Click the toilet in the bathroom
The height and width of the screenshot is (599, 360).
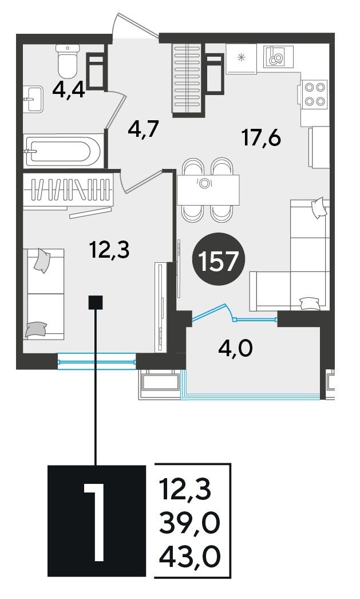tap(68, 60)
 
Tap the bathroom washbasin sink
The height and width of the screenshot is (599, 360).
tap(33, 99)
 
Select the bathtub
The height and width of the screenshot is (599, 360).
tap(64, 150)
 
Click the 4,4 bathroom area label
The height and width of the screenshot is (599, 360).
tap(69, 91)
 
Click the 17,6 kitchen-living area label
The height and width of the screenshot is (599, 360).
tap(262, 137)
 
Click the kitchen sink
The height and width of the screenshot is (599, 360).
tap(278, 57)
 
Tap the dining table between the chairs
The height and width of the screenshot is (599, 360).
tap(208, 190)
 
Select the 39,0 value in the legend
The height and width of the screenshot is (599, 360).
tap(190, 523)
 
